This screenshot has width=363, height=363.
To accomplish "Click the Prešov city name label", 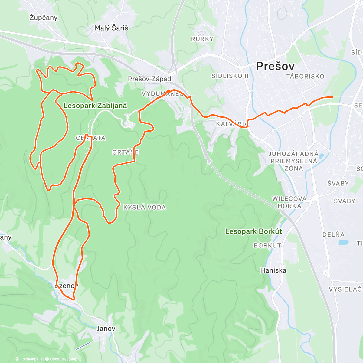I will [x=275, y=66].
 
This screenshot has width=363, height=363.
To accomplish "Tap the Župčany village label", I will [x=43, y=18].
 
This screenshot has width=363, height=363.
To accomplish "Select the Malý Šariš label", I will [x=111, y=28].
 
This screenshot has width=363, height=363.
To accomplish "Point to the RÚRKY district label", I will [x=202, y=39].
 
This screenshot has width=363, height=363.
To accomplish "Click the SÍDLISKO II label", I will [x=230, y=76].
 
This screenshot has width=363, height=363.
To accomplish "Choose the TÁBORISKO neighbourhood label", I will [x=305, y=77].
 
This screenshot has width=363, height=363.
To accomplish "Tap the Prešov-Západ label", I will [x=149, y=79].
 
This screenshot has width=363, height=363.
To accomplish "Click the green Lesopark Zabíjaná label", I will [x=95, y=106].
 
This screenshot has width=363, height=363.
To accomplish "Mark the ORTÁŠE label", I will [x=125, y=152].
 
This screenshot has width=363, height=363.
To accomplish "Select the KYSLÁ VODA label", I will [x=145, y=208].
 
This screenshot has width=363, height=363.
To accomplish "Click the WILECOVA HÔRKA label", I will [x=289, y=202].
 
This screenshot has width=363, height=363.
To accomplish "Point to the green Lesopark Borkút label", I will [x=253, y=231].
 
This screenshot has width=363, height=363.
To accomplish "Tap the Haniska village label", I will [x=273, y=270].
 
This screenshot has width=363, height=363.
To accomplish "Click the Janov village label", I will [x=106, y=329].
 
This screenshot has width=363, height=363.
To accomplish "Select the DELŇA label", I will [x=333, y=235].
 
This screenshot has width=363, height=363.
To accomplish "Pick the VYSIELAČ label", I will [x=345, y=289].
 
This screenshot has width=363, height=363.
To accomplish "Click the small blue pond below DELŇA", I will [x=343, y=242].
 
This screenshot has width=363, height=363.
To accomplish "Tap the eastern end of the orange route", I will [x=332, y=97].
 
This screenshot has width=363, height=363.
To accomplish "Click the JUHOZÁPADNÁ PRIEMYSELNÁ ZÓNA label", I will [x=293, y=161].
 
